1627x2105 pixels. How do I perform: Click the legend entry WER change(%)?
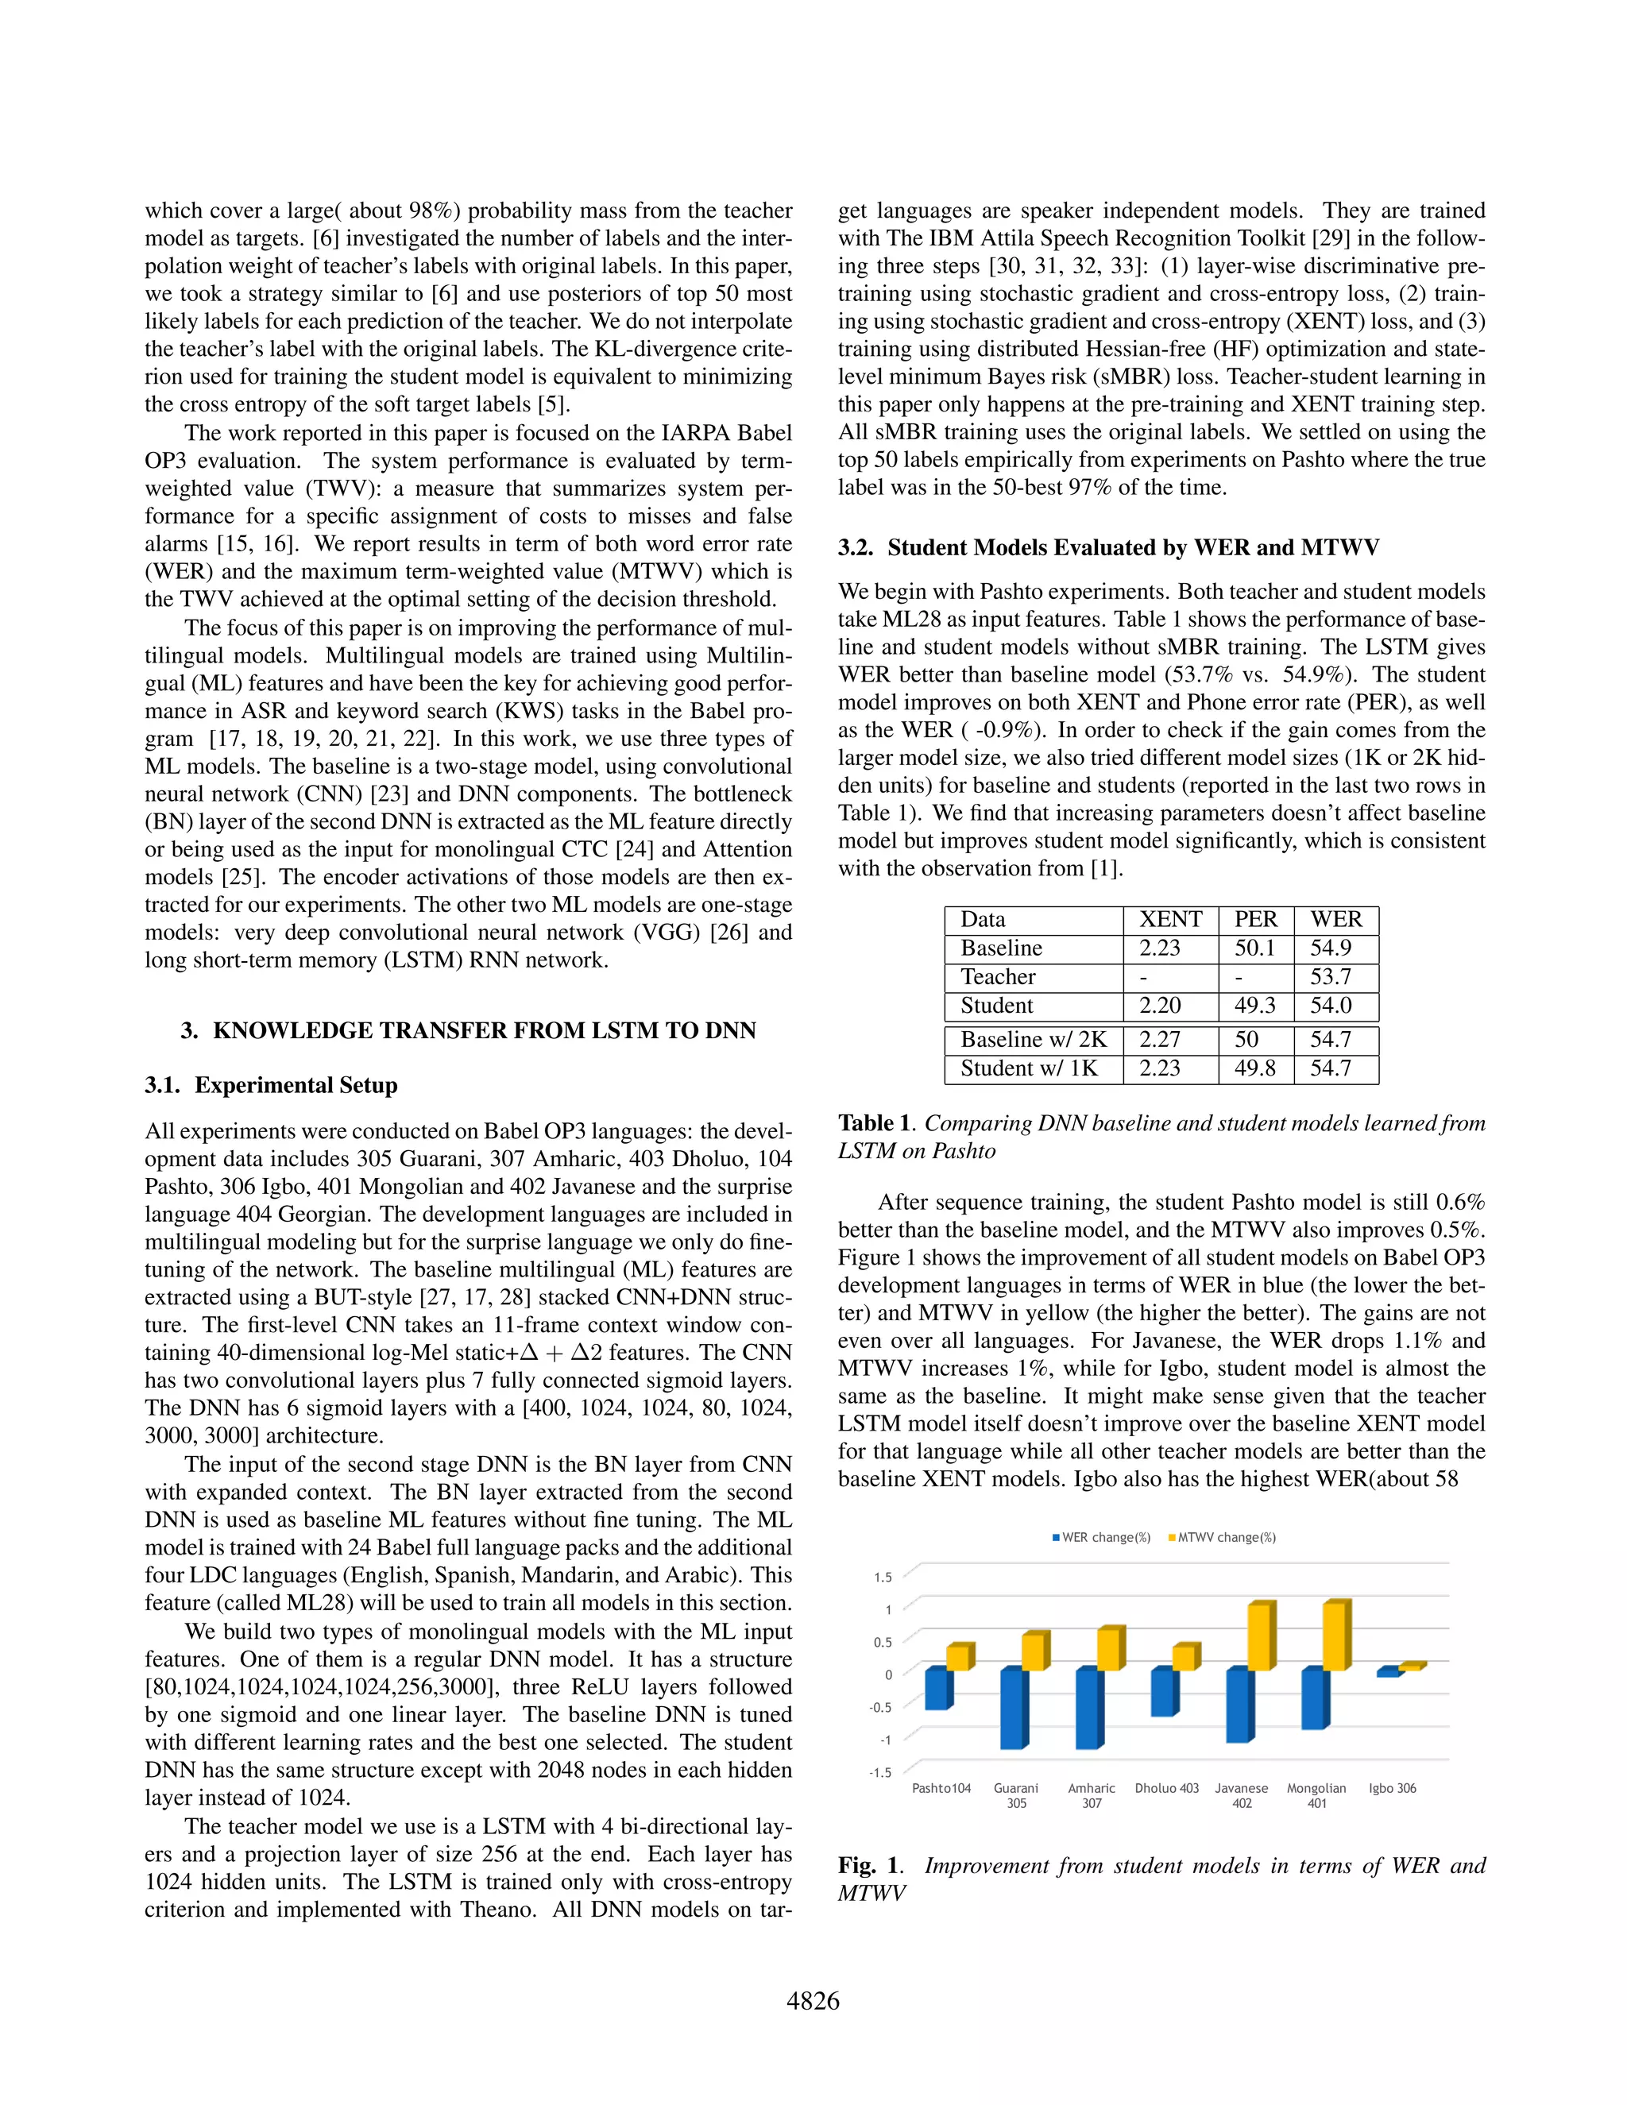point(1101,1537)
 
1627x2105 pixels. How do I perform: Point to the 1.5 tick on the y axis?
point(883,1578)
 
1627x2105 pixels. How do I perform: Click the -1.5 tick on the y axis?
point(880,1772)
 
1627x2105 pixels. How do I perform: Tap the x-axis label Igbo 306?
point(1392,1788)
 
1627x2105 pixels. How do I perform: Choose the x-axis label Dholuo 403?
point(1166,1788)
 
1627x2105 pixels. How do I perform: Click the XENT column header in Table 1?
point(1170,920)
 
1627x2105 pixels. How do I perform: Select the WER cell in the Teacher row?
point(1330,976)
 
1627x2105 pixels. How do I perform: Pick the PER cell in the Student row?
point(1255,1006)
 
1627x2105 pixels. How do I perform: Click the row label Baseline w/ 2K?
point(1034,1039)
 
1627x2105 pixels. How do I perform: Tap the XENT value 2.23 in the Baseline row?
point(1160,948)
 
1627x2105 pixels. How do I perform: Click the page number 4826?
point(813,2002)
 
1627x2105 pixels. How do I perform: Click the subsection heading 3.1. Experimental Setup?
point(271,1085)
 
